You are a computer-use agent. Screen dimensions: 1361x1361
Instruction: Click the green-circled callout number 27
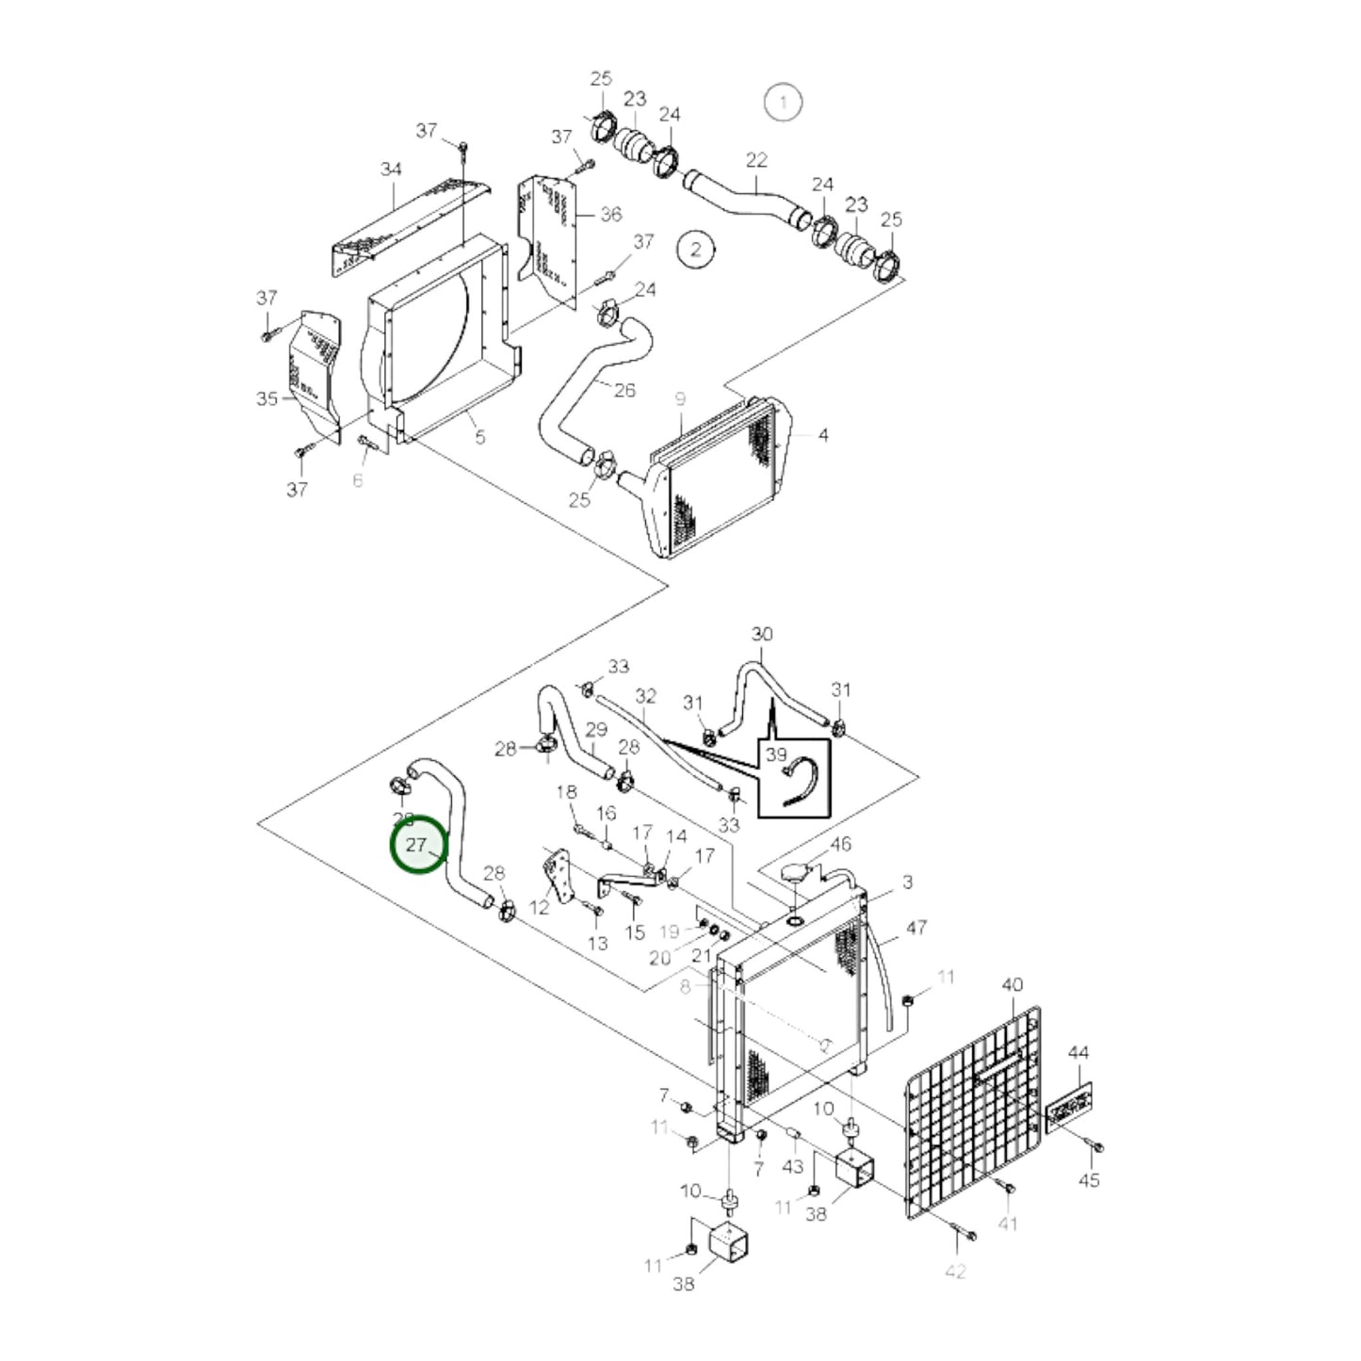pyautogui.click(x=417, y=846)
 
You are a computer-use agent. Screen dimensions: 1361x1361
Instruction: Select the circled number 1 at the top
pyautogui.click(x=783, y=102)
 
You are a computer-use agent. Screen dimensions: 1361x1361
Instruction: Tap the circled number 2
pyautogui.click(x=696, y=250)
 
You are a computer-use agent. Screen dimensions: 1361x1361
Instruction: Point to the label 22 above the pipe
pyautogui.click(x=756, y=160)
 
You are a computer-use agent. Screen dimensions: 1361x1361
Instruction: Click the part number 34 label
pyautogui.click(x=391, y=170)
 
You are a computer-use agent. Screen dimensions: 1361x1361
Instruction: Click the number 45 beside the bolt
pyautogui.click(x=1089, y=1179)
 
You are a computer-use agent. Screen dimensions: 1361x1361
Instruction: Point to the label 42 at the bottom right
pyautogui.click(x=955, y=1272)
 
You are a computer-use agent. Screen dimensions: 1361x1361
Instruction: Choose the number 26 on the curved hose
pyautogui.click(x=624, y=390)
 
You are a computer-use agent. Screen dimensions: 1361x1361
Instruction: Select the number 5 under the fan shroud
pyautogui.click(x=479, y=437)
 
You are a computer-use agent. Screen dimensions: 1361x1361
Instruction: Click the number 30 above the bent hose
pyautogui.click(x=762, y=634)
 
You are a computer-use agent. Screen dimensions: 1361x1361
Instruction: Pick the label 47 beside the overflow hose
pyautogui.click(x=916, y=928)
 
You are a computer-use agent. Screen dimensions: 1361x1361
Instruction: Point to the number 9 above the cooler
pyautogui.click(x=680, y=399)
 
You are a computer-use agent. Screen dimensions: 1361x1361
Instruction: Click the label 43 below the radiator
pyautogui.click(x=793, y=1166)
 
